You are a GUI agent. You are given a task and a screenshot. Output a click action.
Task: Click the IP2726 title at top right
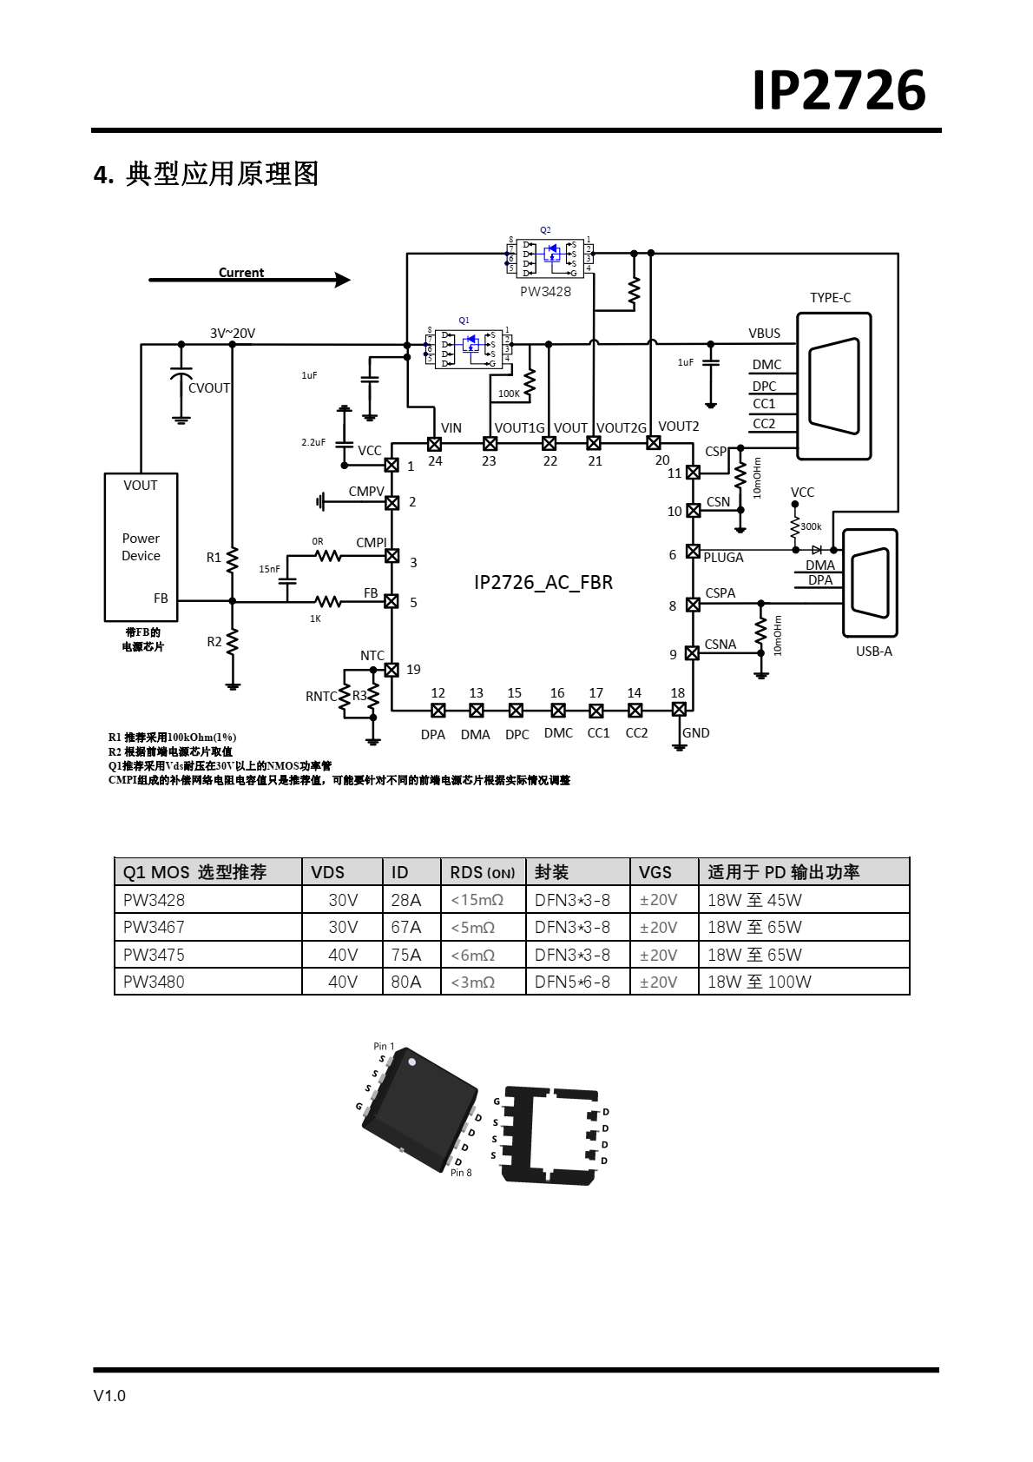839,90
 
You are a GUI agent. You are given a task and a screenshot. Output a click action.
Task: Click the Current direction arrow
249,280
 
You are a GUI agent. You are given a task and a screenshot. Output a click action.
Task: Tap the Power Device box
141,546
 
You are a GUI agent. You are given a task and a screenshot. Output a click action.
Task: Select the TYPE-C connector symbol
833,386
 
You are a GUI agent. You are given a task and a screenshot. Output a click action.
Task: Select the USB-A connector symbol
870,583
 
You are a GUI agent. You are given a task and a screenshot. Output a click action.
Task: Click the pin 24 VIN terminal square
434,444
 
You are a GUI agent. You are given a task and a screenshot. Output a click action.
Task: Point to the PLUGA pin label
723,558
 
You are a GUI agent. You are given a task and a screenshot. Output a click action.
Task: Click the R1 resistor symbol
232,559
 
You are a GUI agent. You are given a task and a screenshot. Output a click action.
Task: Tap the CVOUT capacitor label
209,388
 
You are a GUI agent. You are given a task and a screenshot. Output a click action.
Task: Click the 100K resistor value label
509,394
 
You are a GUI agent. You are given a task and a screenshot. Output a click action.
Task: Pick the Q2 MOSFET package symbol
549,257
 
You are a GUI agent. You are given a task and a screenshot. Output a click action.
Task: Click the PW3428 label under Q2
545,292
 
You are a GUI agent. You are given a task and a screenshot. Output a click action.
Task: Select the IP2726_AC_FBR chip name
543,582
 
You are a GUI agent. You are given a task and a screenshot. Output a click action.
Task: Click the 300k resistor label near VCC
811,526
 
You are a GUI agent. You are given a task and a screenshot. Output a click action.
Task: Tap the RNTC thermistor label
320,697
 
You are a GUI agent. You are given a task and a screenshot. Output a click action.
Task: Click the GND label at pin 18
695,733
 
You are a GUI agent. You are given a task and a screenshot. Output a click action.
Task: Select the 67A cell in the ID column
405,927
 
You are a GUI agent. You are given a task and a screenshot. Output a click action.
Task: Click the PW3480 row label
154,982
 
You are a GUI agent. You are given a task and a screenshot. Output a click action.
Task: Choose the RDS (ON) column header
482,872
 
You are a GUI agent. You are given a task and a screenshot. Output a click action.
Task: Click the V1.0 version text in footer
109,1395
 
